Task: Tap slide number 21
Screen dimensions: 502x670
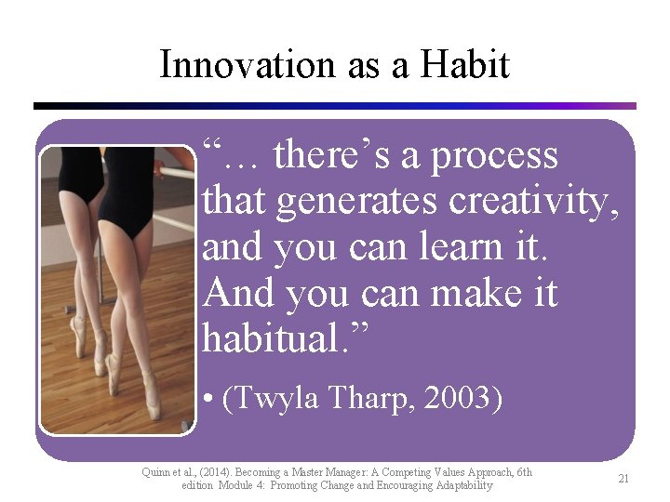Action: point(623,479)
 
